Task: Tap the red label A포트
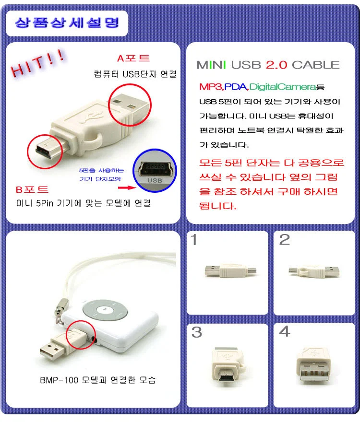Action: [x=133, y=58]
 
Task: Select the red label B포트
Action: [x=32, y=189]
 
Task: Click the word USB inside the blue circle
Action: [x=155, y=180]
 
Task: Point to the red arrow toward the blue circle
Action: [x=127, y=188]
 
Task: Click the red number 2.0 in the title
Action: [x=276, y=65]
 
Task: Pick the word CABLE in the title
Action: [x=315, y=65]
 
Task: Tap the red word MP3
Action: [x=211, y=87]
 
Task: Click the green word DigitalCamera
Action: [x=282, y=87]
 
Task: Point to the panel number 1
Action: [x=194, y=239]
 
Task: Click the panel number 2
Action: [x=285, y=239]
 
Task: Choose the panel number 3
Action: [x=197, y=332]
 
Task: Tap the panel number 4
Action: [x=285, y=331]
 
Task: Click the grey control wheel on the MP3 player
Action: [x=105, y=310]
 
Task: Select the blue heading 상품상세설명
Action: [x=67, y=23]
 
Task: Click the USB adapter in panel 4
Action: [x=313, y=364]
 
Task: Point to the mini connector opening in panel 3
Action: [x=227, y=375]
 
